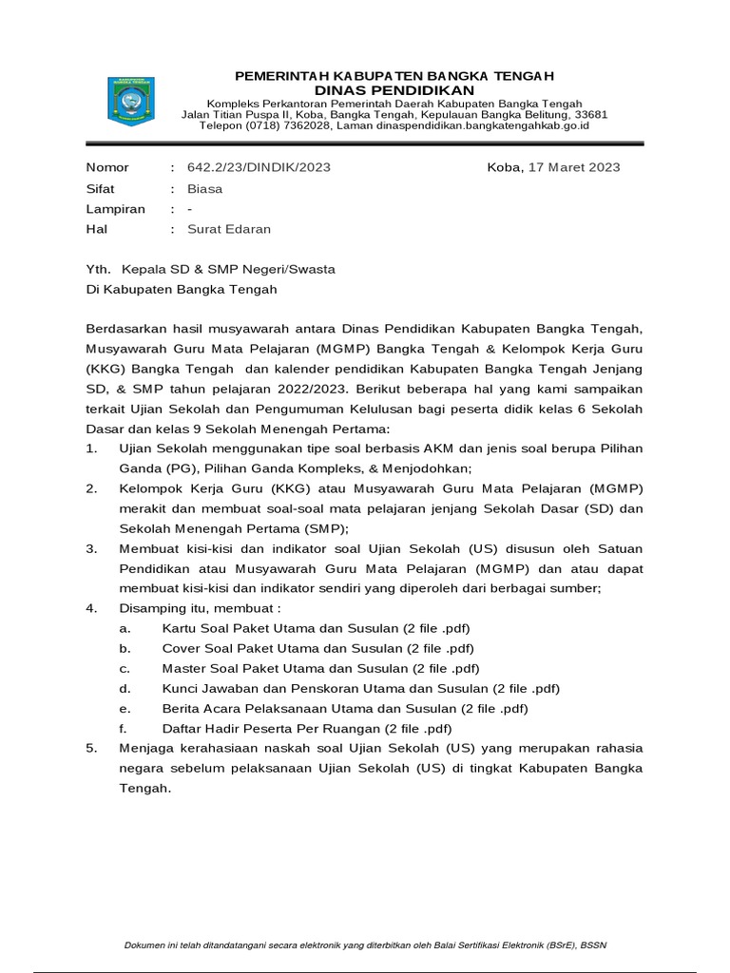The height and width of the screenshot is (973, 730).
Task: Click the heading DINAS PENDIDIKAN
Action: click(394, 89)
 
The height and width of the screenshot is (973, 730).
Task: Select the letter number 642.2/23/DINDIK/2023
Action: click(259, 167)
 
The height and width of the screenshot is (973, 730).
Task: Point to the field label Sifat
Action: click(100, 188)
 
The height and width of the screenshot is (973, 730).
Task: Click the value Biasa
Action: click(204, 188)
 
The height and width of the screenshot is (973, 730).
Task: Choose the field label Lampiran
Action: click(115, 208)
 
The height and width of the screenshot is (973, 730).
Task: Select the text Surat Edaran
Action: click(229, 229)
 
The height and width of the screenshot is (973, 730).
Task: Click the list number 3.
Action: click(91, 549)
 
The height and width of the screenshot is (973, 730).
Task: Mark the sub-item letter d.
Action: click(124, 688)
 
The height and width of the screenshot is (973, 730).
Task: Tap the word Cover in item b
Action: click(182, 648)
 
